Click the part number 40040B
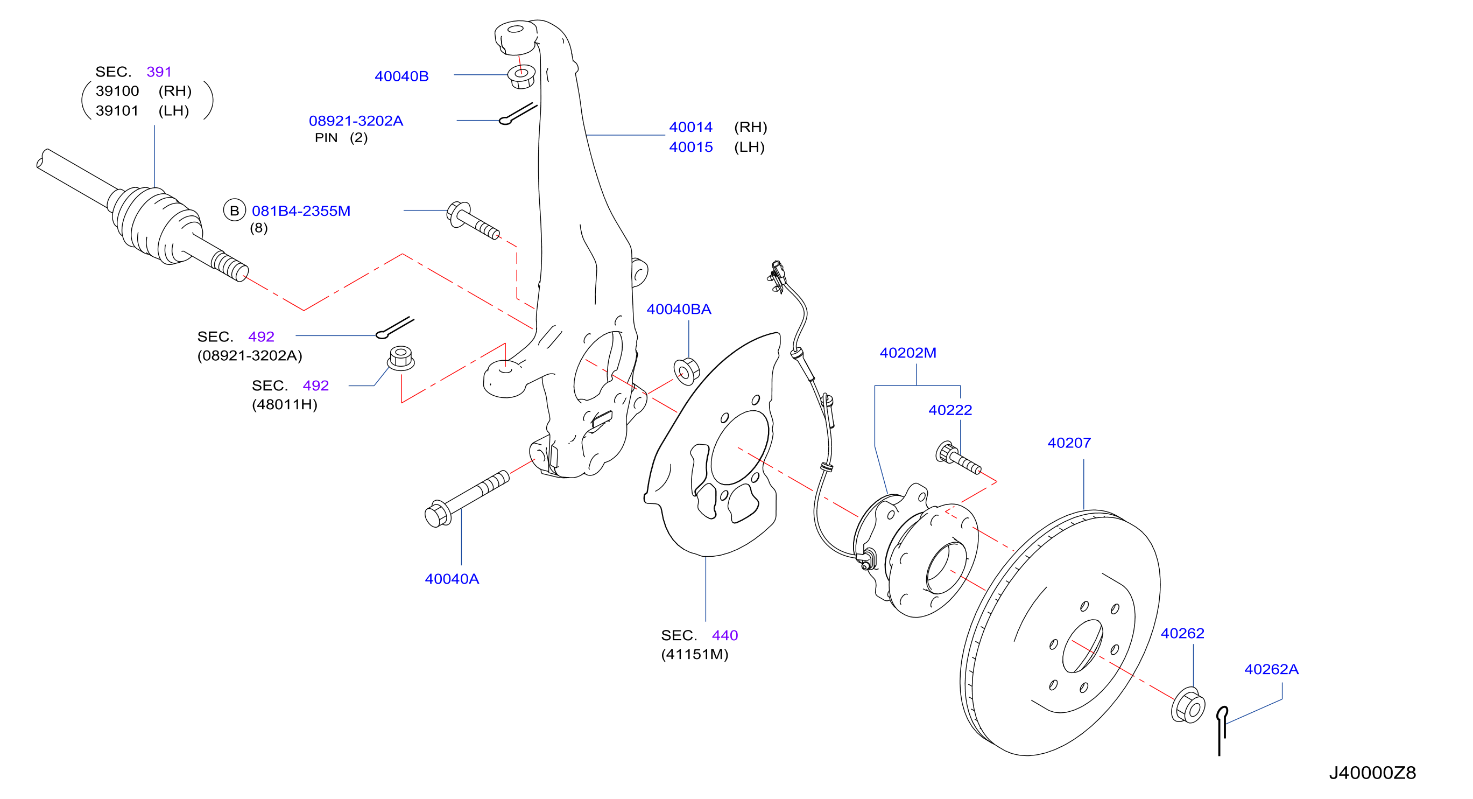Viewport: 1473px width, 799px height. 401,76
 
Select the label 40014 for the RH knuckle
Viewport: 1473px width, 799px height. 691,127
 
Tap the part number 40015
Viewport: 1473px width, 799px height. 691,147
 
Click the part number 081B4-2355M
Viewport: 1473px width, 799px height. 301,211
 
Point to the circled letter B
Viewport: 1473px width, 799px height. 235,211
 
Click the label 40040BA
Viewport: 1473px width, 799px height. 679,310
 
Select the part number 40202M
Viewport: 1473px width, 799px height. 908,353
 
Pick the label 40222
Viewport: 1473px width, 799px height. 950,410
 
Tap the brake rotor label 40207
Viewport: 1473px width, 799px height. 1069,443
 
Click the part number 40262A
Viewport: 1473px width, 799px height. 1272,669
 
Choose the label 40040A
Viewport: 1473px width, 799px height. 452,579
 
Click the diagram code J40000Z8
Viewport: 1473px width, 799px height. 1372,773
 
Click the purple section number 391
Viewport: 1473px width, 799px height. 159,72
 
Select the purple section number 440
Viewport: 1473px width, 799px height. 725,635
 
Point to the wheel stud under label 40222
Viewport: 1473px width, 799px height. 958,458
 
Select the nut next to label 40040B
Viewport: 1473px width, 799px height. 521,76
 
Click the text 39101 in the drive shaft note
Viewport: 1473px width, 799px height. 117,110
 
